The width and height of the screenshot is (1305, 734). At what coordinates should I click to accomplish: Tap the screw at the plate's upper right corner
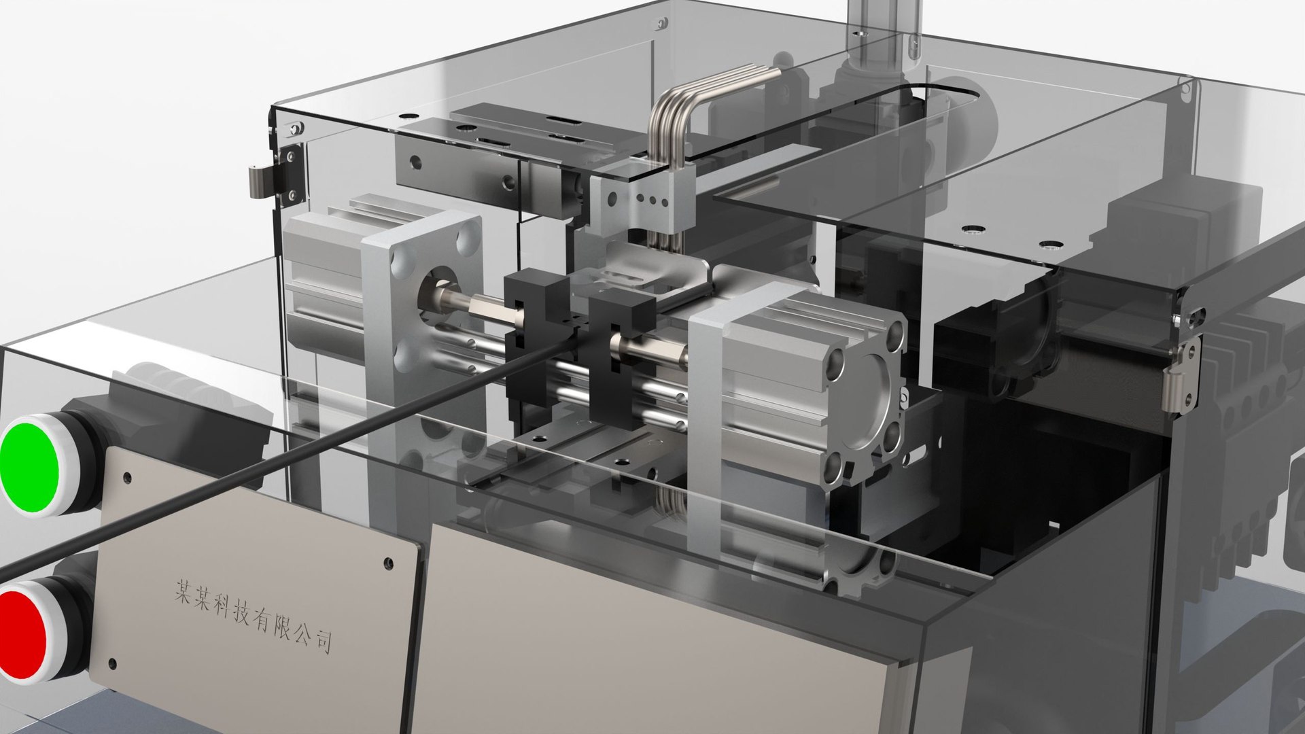(388, 563)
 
